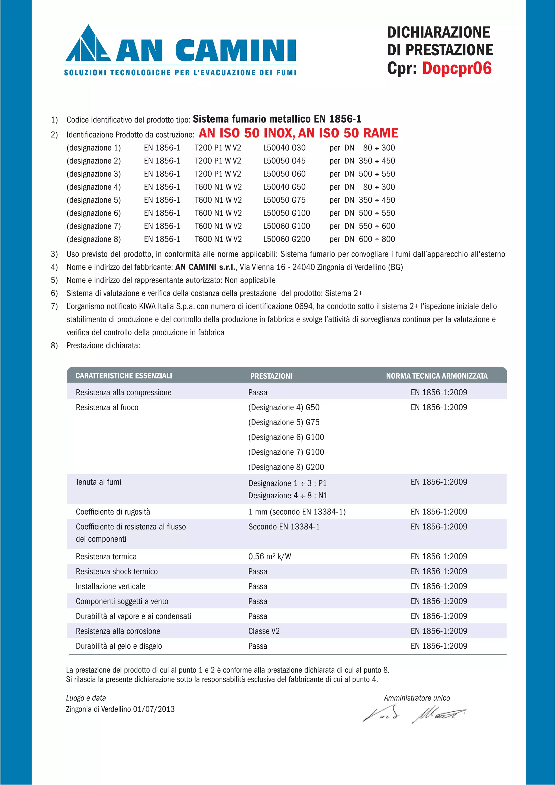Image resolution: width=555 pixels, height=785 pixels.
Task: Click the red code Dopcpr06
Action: [457, 68]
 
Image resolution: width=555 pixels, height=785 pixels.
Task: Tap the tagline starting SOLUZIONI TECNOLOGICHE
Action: [180, 72]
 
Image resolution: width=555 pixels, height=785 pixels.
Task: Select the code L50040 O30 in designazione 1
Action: [284, 148]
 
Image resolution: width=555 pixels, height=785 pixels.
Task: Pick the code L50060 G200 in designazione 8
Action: [286, 239]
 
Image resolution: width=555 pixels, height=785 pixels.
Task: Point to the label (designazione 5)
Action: [93, 200]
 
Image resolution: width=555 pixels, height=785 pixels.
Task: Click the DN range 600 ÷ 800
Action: [376, 239]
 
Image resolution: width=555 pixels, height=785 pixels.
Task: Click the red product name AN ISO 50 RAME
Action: [348, 133]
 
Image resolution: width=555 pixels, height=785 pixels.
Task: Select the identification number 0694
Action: [304, 306]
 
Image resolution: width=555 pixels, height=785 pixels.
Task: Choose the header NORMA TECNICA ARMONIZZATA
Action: [437, 376]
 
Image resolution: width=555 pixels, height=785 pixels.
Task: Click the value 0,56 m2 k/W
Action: [269, 557]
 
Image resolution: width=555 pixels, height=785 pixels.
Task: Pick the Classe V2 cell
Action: [264, 631]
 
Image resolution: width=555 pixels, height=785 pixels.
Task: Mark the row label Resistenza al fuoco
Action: [107, 408]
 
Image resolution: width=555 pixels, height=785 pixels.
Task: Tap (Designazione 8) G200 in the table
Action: [286, 467]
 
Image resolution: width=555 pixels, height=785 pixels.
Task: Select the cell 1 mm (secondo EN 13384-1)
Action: [297, 512]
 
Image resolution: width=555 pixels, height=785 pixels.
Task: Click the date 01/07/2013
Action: [154, 709]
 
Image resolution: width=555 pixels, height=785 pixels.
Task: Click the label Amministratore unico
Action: [417, 698]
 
